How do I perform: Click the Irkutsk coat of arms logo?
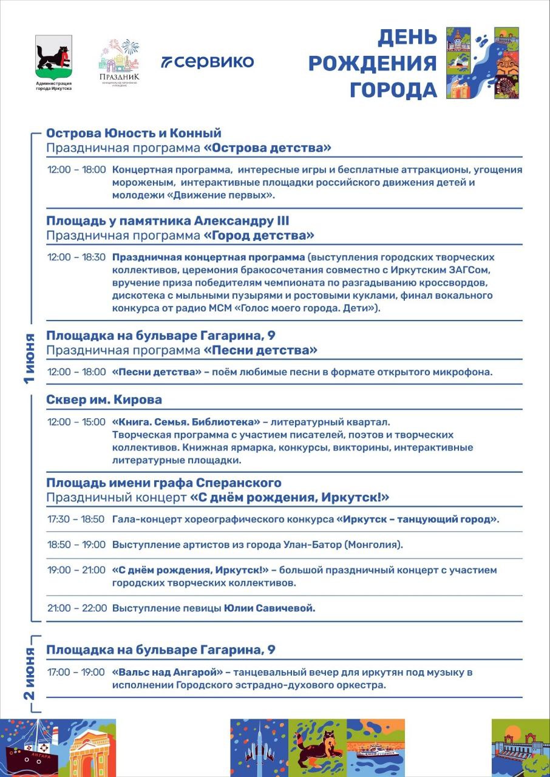click(53, 58)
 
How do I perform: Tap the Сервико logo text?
click(207, 61)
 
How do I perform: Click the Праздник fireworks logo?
click(119, 61)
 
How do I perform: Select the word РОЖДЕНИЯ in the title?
click(372, 63)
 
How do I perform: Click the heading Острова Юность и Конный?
click(134, 133)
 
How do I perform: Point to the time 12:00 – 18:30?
click(76, 257)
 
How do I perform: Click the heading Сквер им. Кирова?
click(104, 399)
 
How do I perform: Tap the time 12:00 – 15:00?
click(76, 421)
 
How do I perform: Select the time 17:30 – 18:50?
click(76, 520)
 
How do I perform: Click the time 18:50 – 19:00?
click(76, 545)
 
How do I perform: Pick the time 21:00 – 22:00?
click(76, 608)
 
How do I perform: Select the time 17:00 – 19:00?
click(76, 672)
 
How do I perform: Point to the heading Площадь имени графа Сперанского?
click(164, 483)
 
